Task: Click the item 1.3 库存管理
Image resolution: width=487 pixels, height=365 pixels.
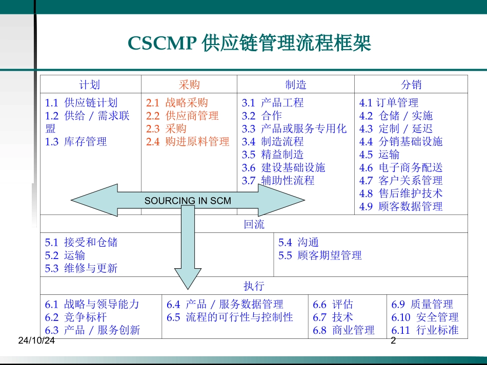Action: click(x=76, y=142)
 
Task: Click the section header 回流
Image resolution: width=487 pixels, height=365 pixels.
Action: click(x=254, y=224)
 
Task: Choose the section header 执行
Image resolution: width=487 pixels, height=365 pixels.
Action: click(x=254, y=286)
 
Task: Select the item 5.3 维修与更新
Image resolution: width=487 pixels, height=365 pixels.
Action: click(x=81, y=268)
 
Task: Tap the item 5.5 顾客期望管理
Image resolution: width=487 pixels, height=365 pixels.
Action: click(x=320, y=255)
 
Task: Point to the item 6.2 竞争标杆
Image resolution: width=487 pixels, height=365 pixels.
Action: click(x=76, y=317)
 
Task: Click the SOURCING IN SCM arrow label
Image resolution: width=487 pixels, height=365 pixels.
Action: click(x=188, y=201)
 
